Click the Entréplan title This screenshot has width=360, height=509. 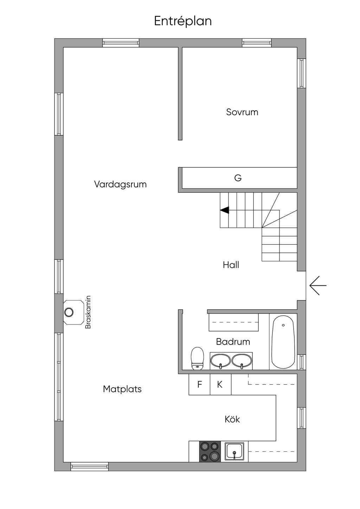click(x=183, y=21)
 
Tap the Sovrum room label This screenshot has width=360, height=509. click(x=242, y=112)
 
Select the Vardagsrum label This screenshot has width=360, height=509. click(x=120, y=184)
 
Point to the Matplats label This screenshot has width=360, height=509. click(x=122, y=389)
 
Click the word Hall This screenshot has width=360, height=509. click(x=231, y=265)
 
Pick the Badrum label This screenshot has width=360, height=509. click(x=233, y=342)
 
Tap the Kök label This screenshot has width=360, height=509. click(x=232, y=419)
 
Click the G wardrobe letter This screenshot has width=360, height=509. click(x=238, y=178)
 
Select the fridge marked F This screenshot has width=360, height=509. click(x=199, y=384)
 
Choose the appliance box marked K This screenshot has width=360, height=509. click(x=220, y=384)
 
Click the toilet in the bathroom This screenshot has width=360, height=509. click(x=197, y=358)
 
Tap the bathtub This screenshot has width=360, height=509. click(x=283, y=342)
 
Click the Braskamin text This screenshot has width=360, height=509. click(x=88, y=312)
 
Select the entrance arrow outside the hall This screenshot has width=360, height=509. click(x=318, y=285)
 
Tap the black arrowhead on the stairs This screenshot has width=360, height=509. click(x=225, y=210)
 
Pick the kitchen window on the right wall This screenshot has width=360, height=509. click(x=301, y=418)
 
